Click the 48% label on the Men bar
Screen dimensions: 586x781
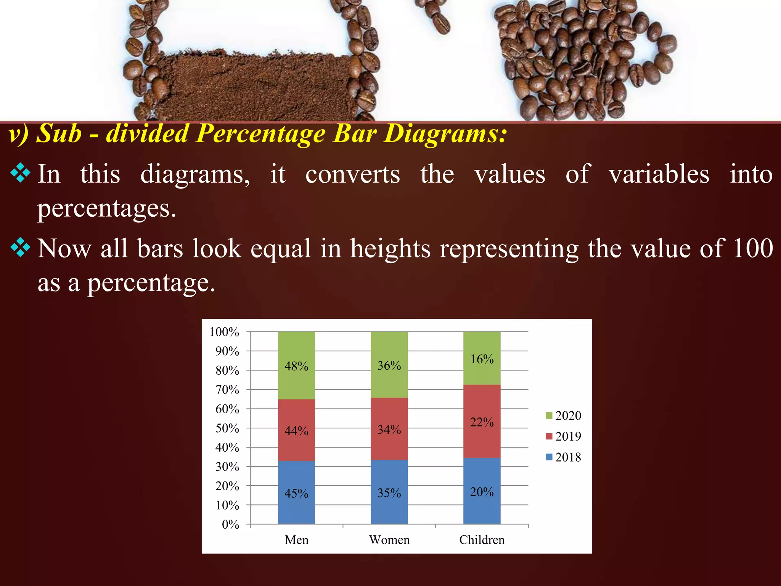click(x=296, y=366)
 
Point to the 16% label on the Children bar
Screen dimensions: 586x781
click(x=482, y=359)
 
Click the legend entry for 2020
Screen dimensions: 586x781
click(x=564, y=415)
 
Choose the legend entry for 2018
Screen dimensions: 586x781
click(x=564, y=457)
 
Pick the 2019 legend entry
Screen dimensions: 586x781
click(x=564, y=436)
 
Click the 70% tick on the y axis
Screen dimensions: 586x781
click(x=227, y=390)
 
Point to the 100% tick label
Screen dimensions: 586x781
click(x=224, y=332)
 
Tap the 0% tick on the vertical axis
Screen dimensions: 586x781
click(x=230, y=525)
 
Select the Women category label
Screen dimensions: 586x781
click(x=389, y=540)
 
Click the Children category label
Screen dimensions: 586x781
click(x=482, y=540)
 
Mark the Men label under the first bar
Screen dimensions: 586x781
click(x=296, y=540)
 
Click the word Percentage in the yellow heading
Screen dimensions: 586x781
click(x=262, y=134)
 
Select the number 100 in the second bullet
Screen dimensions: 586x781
click(x=753, y=248)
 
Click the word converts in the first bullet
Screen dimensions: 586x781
click(x=352, y=174)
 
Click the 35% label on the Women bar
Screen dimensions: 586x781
click(x=389, y=493)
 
